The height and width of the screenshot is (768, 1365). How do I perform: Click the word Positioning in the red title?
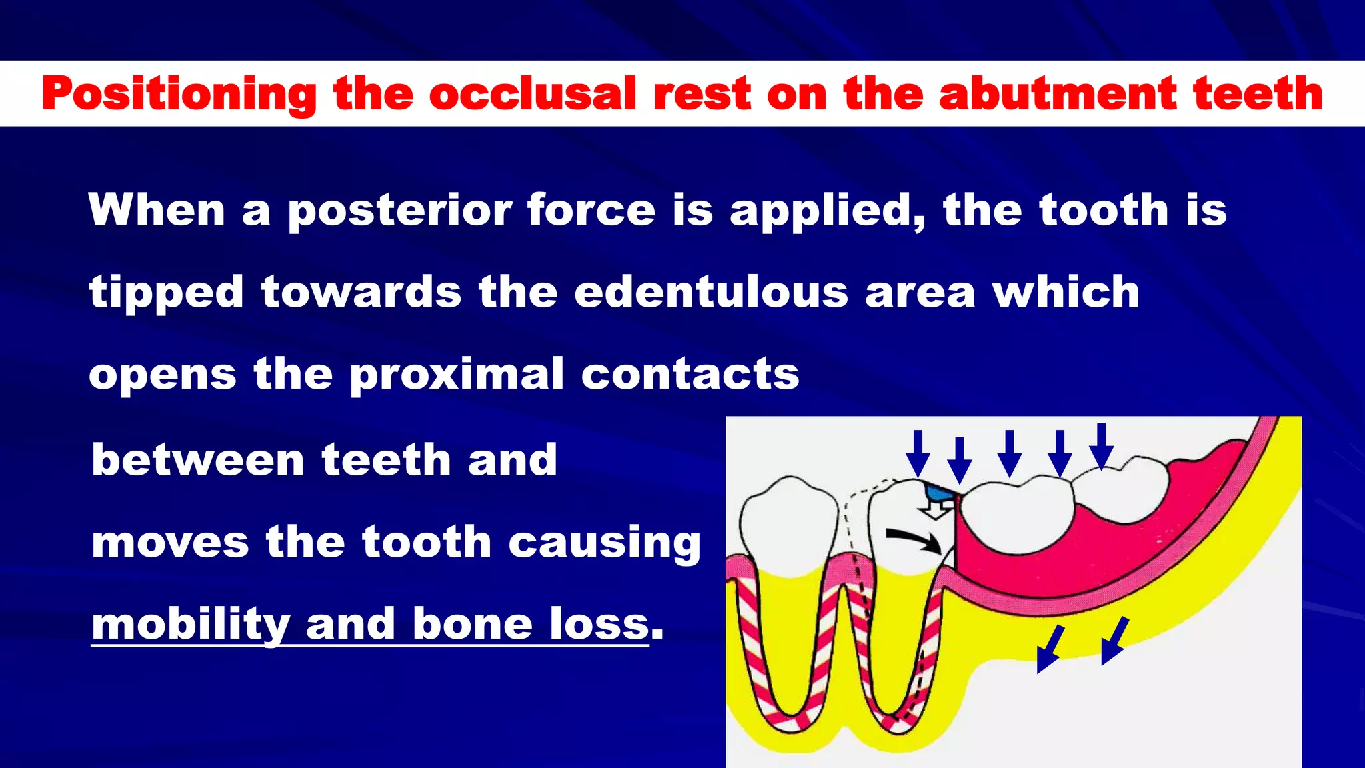coord(179,95)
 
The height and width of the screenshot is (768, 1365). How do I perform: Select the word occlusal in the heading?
coord(533,93)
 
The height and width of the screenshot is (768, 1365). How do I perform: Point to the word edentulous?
coord(711,293)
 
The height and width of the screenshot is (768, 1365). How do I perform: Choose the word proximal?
coord(457,375)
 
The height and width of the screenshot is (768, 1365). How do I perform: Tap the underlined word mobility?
coord(190,625)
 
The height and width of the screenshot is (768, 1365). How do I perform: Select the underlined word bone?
coord(472,625)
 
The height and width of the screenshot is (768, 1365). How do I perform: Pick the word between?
coord(198,460)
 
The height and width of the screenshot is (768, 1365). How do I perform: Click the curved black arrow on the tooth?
coord(913,539)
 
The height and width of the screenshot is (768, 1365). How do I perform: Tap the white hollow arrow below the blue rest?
coord(937,510)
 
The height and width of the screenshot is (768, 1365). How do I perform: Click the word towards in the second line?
coord(361,293)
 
